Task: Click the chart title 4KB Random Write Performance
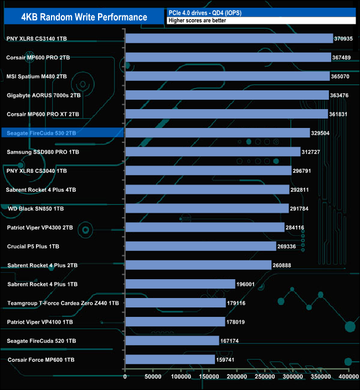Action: pyautogui.click(x=84, y=17)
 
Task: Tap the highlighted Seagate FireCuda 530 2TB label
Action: pyautogui.click(x=42, y=133)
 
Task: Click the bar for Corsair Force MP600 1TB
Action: pyautogui.click(x=171, y=360)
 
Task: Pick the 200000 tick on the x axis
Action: pyautogui.click(x=236, y=377)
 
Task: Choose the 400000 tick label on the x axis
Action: pyautogui.click(x=348, y=377)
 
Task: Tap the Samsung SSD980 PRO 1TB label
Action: pyautogui.click(x=43, y=152)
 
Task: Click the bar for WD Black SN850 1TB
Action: pyautogui.click(x=207, y=209)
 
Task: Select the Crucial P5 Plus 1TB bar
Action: pyautogui.click(x=201, y=247)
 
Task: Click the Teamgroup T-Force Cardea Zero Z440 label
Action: pyautogui.click(x=63, y=303)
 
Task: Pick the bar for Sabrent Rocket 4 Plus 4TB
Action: pyautogui.click(x=207, y=189)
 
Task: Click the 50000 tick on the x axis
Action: pyautogui.click(x=153, y=377)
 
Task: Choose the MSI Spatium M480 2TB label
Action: pyautogui.click(x=37, y=76)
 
